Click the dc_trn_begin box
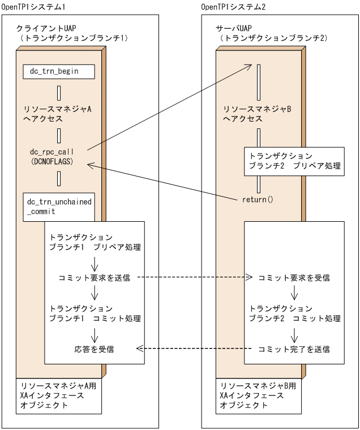pyautogui.click(x=58, y=72)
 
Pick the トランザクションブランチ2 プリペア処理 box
pyautogui.click(x=293, y=161)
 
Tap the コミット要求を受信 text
pyautogui.click(x=294, y=278)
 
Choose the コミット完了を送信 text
pyautogui.click(x=294, y=349)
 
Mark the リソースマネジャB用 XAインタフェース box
pyautogui.click(x=257, y=396)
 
